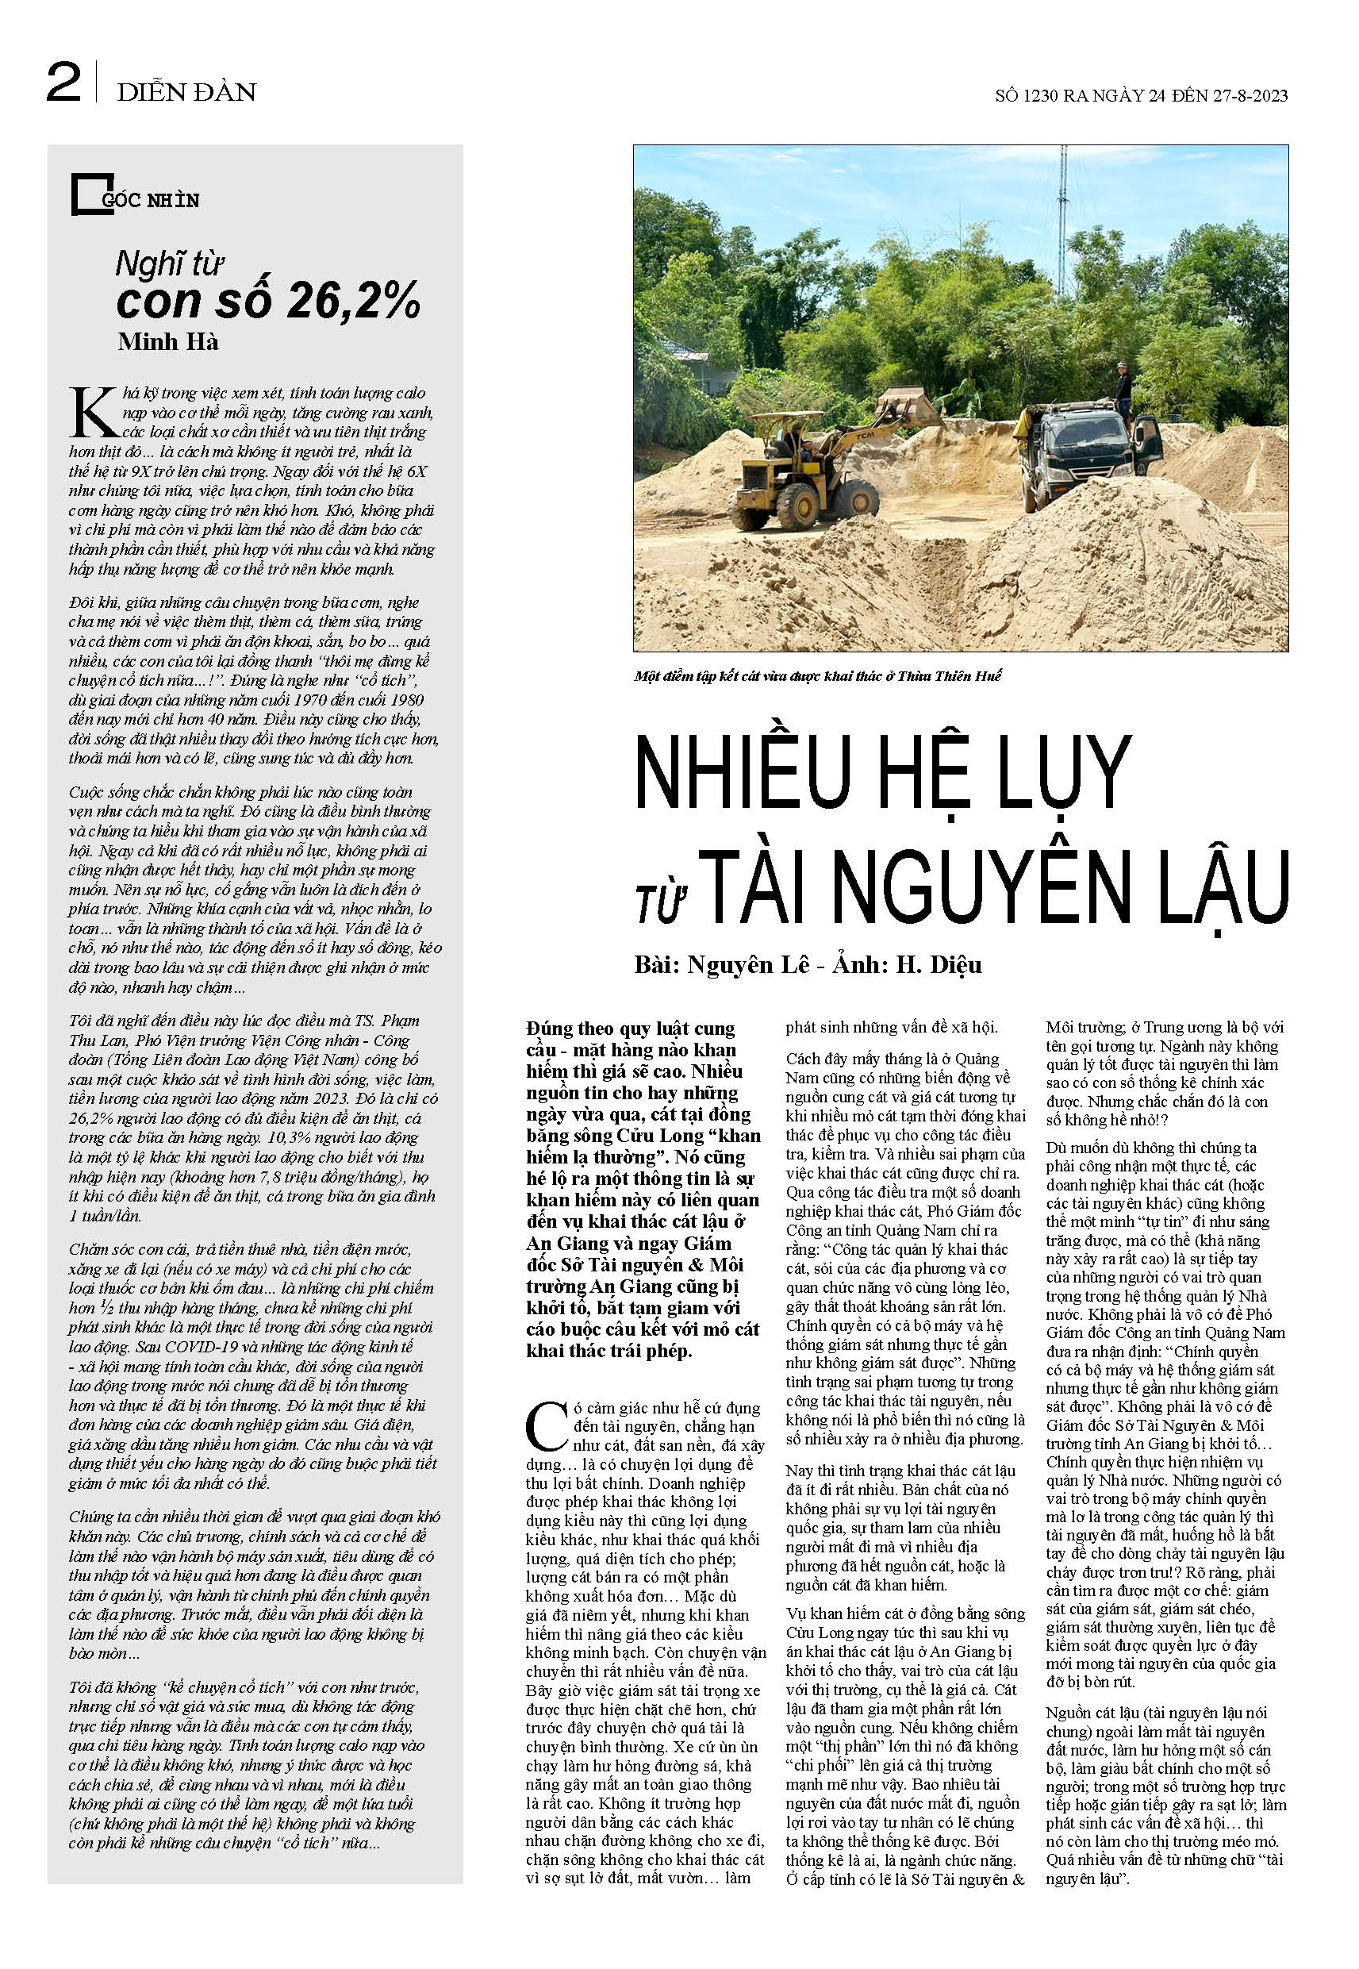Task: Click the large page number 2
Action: coord(63,84)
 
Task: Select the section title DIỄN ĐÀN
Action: coord(186,92)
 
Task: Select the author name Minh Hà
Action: coord(167,342)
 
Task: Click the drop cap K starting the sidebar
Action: coord(92,413)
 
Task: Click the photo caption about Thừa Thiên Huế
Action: coord(817,676)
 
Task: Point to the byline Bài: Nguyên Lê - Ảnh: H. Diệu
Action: coord(807,964)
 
